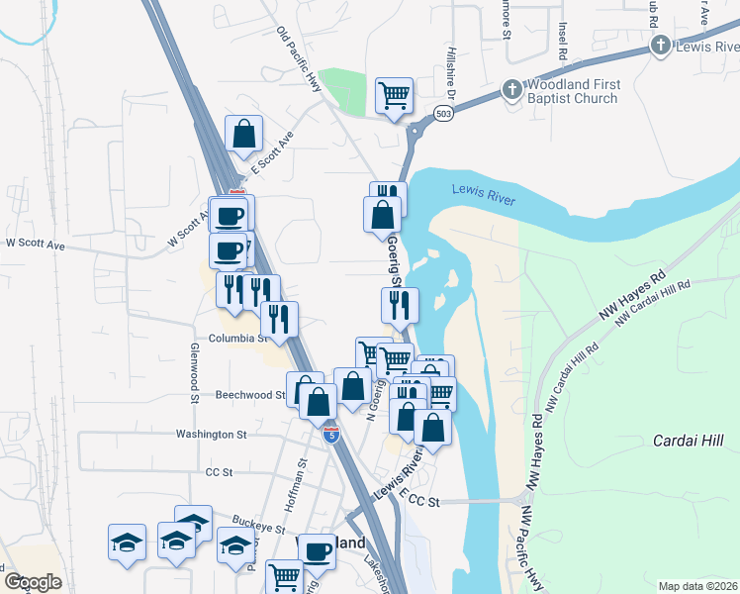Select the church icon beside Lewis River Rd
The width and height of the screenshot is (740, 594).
pyautogui.click(x=660, y=46)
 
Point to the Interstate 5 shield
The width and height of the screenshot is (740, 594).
pyautogui.click(x=331, y=434)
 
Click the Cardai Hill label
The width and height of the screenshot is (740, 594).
pyautogui.click(x=689, y=441)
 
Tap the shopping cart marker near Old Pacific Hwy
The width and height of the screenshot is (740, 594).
pyautogui.click(x=394, y=96)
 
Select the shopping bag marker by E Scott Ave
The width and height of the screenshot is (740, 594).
pyautogui.click(x=243, y=134)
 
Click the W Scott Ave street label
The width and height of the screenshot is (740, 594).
pyautogui.click(x=35, y=243)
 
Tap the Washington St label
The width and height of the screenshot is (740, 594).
pyautogui.click(x=211, y=434)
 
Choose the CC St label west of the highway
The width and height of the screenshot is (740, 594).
pyautogui.click(x=218, y=473)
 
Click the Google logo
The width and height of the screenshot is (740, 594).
pyautogui.click(x=33, y=581)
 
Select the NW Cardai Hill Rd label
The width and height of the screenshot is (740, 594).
pyautogui.click(x=653, y=303)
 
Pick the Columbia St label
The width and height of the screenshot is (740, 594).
pyautogui.click(x=235, y=338)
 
